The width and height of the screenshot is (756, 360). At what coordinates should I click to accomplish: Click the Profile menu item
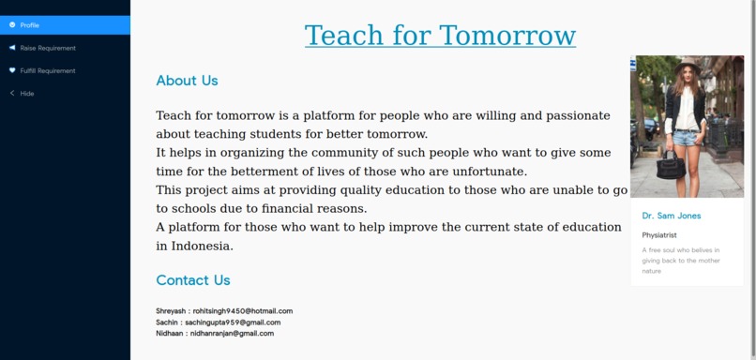(29, 25)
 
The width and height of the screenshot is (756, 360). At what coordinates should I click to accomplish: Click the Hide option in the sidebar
(27, 94)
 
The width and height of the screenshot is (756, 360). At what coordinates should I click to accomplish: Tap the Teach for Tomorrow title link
(440, 36)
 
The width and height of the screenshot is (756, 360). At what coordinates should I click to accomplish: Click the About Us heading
(187, 81)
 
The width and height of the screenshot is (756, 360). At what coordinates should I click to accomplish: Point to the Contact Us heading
(192, 280)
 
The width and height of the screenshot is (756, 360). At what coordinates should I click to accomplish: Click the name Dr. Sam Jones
(672, 216)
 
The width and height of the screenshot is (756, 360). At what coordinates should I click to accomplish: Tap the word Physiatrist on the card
(659, 234)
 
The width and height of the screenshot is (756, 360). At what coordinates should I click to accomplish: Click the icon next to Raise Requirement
(12, 48)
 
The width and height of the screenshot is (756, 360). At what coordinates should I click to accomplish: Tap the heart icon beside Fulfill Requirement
(12, 70)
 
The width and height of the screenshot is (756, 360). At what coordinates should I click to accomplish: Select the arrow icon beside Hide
(12, 94)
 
